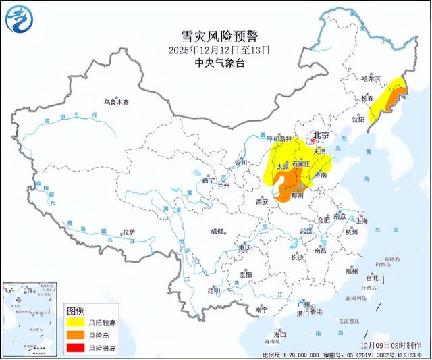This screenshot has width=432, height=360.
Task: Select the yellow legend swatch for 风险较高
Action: click(x=77, y=324)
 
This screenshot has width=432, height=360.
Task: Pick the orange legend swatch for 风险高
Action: click(x=77, y=336)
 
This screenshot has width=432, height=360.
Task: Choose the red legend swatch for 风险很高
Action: click(x=77, y=348)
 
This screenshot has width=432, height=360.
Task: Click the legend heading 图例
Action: click(x=76, y=311)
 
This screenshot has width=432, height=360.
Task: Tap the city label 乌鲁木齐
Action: click(x=115, y=102)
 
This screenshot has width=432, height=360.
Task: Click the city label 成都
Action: click(x=216, y=231)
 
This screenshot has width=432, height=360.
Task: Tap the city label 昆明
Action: click(x=214, y=291)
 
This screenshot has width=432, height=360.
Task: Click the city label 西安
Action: click(x=263, y=201)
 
